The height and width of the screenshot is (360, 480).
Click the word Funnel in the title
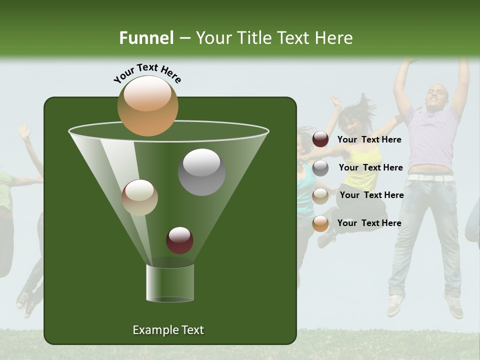coord(146,38)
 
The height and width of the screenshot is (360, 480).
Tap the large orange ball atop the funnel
coord(147,106)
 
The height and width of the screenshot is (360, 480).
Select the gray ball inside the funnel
coord(201,171)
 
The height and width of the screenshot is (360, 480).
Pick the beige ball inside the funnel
coord(139,197)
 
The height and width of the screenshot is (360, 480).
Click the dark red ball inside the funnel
coord(179,240)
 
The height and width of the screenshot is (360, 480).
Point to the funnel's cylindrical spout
coord(169,282)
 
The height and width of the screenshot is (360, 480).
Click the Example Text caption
coord(168,330)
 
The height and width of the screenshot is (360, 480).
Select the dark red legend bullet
coord(320,139)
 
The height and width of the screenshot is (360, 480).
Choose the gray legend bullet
coord(320,167)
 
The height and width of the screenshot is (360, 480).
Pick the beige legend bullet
coord(320,195)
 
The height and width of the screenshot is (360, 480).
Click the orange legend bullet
coord(320,223)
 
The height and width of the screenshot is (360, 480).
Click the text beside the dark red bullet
coord(369,139)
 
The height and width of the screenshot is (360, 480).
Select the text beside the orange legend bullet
coord(369,223)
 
